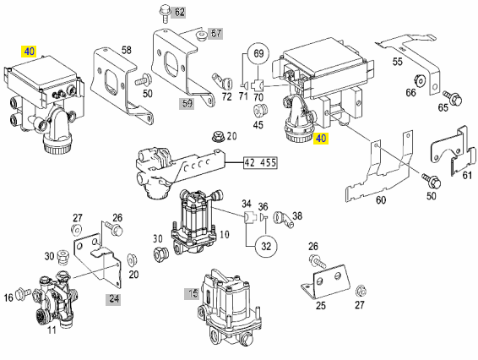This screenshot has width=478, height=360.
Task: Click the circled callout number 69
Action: (258, 54)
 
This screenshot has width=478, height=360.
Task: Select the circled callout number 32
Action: (266, 246)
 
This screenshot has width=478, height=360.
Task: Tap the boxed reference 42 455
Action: (260, 162)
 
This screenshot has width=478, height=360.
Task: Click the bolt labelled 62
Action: (165, 14)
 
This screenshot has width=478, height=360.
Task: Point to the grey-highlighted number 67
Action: (216, 33)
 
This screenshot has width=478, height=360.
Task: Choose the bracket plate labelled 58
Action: (122, 83)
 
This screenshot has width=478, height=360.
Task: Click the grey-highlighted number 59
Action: (187, 103)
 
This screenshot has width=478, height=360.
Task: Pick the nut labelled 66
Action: (420, 80)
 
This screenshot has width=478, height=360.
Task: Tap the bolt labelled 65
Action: (453, 97)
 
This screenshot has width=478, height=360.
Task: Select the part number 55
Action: (397, 62)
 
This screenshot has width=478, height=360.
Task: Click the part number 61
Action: (467, 175)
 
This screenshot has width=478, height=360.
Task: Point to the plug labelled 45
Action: (260, 112)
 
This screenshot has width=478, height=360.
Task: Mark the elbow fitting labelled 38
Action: (283, 219)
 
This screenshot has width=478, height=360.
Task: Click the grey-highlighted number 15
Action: (193, 294)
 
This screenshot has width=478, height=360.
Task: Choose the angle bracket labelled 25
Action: (323, 281)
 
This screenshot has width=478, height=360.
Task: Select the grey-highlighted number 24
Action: (114, 298)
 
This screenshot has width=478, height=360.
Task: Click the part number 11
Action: (52, 330)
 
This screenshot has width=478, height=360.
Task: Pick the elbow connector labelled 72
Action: (223, 81)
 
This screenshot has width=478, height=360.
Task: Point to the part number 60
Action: (381, 200)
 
